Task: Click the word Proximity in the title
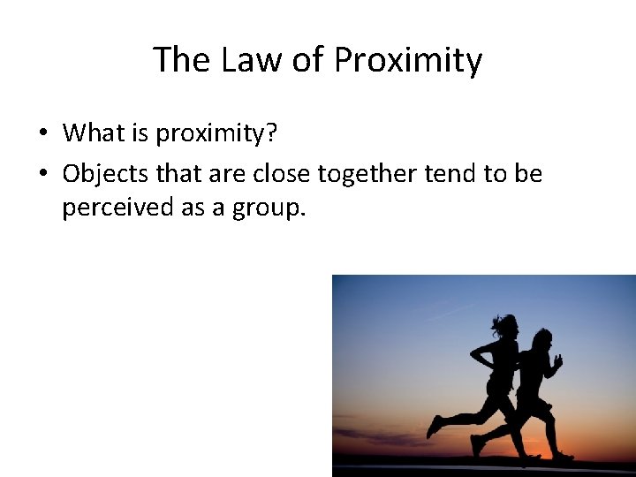pos(407,61)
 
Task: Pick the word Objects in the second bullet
pos(105,174)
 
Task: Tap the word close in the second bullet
pos(282,174)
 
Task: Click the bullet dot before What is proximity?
pos(42,134)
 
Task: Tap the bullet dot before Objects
pos(42,175)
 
